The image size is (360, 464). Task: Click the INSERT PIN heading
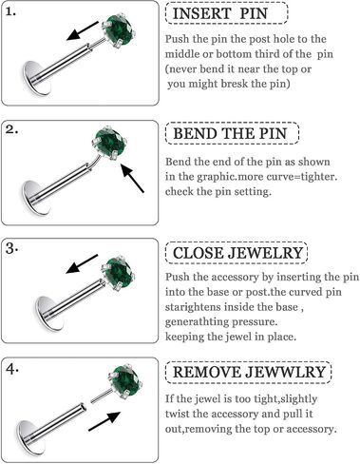click(220, 13)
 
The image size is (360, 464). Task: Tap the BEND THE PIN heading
click(230, 133)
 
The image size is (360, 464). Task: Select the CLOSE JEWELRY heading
click(237, 253)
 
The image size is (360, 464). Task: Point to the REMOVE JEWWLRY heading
click(249, 372)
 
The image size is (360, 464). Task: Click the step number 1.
click(10, 11)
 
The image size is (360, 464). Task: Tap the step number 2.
click(11, 130)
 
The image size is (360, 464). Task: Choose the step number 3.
click(11, 249)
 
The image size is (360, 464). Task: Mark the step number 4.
click(12, 369)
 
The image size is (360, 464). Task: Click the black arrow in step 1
click(83, 31)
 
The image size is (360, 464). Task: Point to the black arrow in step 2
click(133, 179)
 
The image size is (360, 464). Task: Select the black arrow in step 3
click(82, 263)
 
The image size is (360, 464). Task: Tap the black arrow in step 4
click(104, 421)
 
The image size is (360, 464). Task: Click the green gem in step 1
click(120, 30)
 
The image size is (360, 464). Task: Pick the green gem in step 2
click(110, 143)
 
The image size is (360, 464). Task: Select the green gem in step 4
click(125, 380)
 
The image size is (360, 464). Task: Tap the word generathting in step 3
click(198, 322)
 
